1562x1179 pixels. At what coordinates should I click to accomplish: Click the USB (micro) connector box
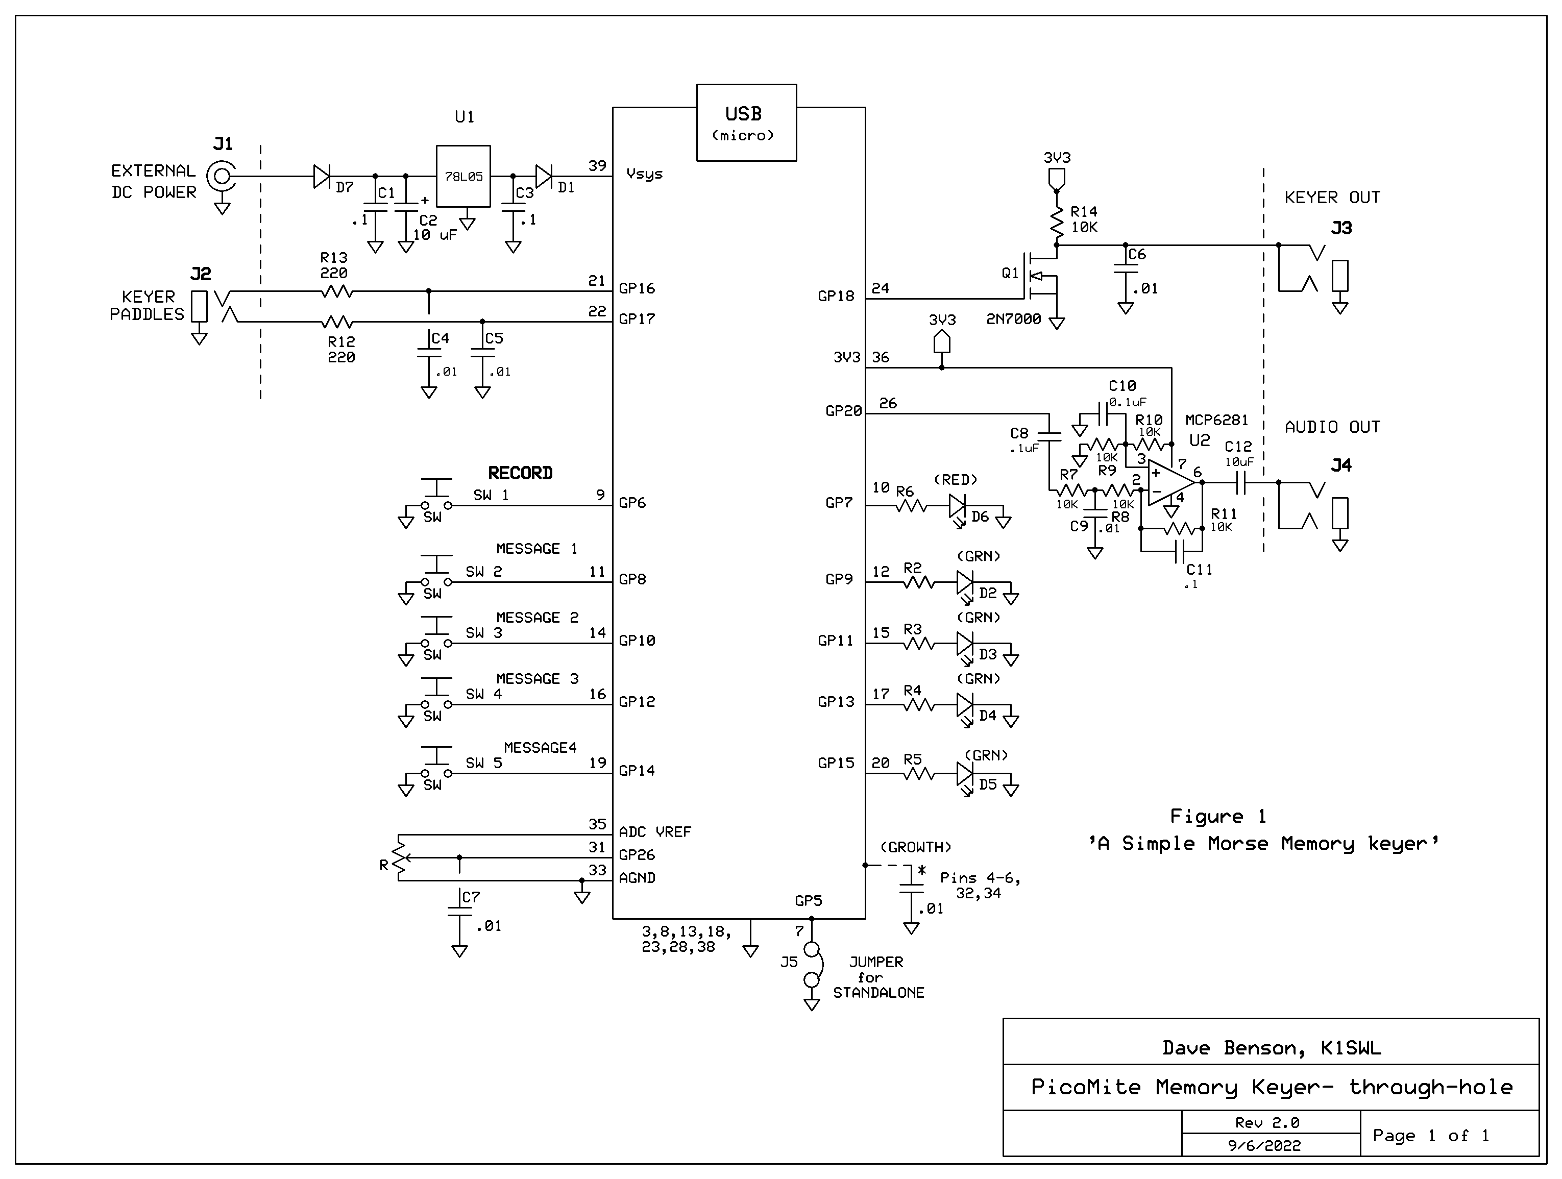click(746, 123)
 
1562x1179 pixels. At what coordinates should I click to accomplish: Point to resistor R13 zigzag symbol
click(337, 291)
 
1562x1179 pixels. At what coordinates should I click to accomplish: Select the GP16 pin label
click(637, 288)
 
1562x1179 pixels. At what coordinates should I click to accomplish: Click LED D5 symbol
click(965, 774)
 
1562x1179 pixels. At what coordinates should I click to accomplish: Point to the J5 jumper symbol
click(812, 964)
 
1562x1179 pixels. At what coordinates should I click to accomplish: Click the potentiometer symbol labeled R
click(400, 858)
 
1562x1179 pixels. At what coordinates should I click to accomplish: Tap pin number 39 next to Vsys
click(597, 165)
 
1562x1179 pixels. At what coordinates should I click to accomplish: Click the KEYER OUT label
click(1332, 198)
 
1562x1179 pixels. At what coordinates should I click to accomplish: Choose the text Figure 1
click(1218, 817)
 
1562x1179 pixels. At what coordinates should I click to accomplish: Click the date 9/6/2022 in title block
click(1264, 1146)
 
